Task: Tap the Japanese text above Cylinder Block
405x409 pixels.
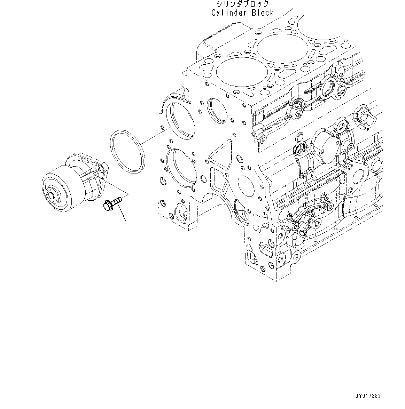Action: click(x=242, y=4)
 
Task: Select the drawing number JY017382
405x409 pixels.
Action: click(x=368, y=396)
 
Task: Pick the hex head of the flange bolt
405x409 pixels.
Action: click(x=107, y=206)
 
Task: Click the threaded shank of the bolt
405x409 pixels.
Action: click(x=117, y=200)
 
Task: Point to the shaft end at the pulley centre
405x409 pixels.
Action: click(x=53, y=197)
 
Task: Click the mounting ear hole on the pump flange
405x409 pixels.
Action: click(x=101, y=169)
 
